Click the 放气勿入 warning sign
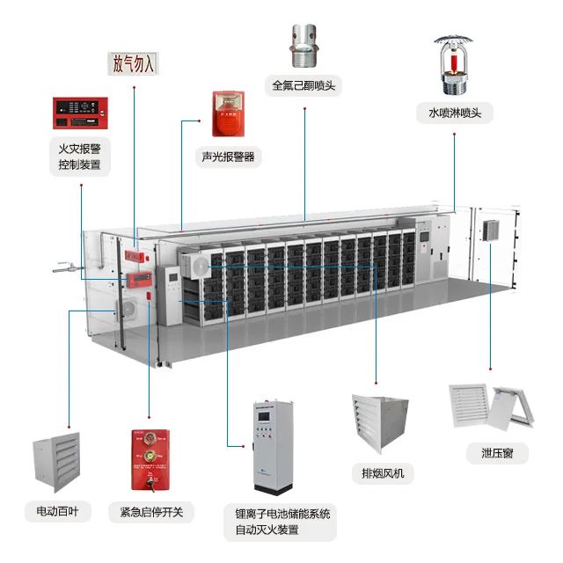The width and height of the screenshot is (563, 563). click(x=133, y=64)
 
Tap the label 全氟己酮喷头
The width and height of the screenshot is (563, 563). click(x=304, y=86)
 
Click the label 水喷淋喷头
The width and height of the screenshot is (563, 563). click(x=456, y=113)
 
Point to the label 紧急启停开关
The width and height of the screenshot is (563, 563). click(x=151, y=511)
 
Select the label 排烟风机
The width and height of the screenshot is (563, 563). click(x=382, y=473)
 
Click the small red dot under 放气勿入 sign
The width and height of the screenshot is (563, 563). click(x=133, y=89)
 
